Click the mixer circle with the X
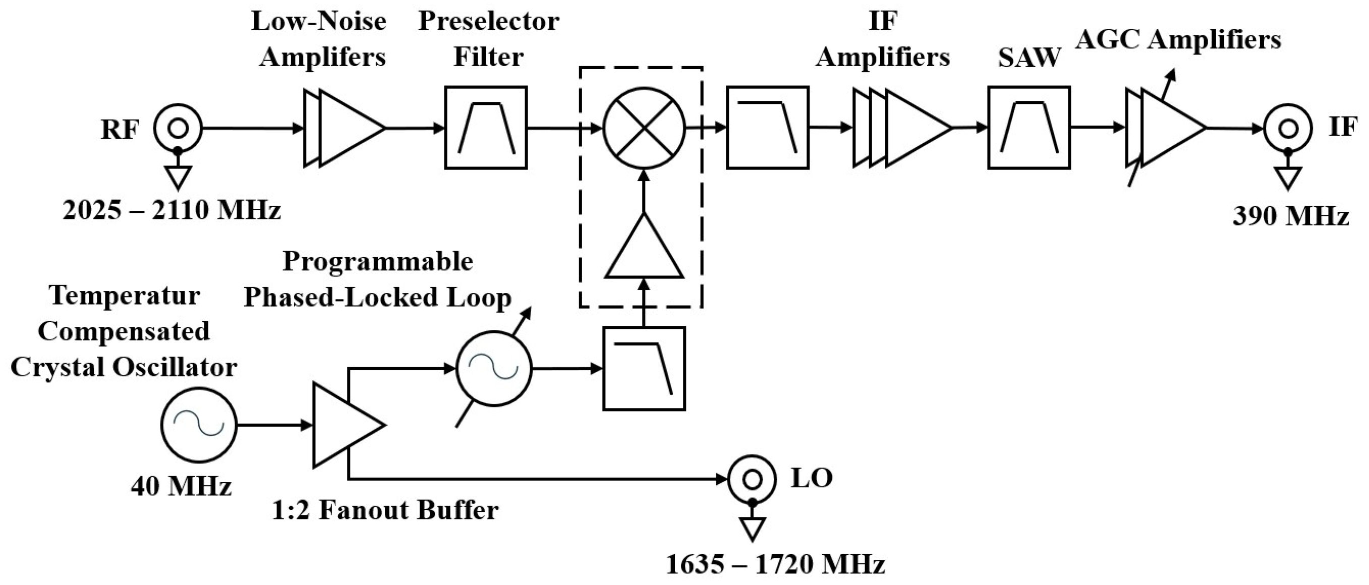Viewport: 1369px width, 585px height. [x=644, y=128]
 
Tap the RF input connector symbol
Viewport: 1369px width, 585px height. [x=178, y=128]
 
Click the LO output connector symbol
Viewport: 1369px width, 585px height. [x=752, y=480]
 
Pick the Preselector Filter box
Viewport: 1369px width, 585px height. [x=486, y=128]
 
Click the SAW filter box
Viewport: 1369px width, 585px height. [x=1029, y=128]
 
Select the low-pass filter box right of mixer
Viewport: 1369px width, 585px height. [x=767, y=128]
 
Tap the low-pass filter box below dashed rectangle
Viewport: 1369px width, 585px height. [x=644, y=369]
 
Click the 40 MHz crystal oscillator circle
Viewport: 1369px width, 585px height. [x=199, y=425]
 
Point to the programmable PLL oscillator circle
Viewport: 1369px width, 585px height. [x=494, y=369]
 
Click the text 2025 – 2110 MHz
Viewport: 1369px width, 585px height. [x=171, y=210]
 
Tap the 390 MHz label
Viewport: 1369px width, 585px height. [x=1290, y=216]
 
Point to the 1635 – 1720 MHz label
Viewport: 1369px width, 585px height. [x=775, y=564]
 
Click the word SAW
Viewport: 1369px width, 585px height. [x=1029, y=57]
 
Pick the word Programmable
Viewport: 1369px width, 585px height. [x=377, y=261]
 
